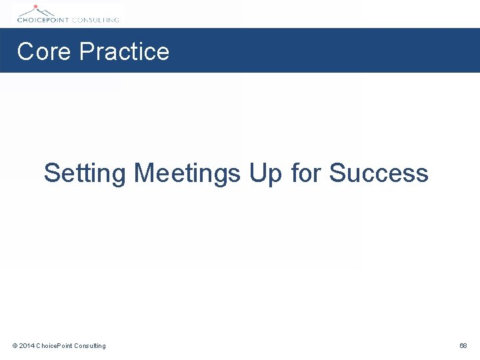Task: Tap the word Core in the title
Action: pos(44,51)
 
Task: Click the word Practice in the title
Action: pos(124,51)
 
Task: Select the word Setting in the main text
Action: pos(85,173)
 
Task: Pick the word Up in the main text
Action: pos(266,173)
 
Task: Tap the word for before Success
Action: pos(306,173)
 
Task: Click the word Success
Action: pos(378,173)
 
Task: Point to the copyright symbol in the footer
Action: pos(15,345)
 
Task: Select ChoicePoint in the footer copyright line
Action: pos(54,345)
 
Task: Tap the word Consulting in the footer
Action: pos(90,345)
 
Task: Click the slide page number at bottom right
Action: pos(463,345)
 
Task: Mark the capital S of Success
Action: pos(337,173)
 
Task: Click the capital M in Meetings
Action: pos(144,173)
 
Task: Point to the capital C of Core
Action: pos(25,51)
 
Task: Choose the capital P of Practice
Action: pos(86,51)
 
